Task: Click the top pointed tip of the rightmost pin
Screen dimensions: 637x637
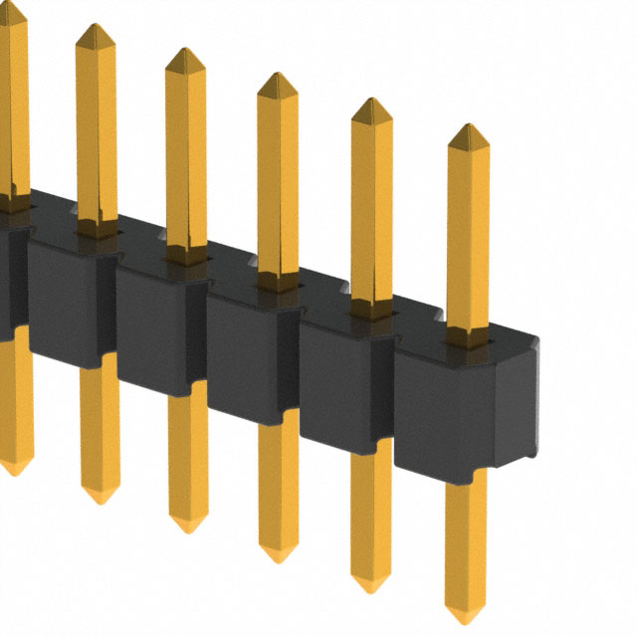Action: (x=468, y=127)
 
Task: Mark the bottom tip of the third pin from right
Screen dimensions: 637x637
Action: (x=278, y=558)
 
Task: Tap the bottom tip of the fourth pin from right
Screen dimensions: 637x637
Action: (x=187, y=529)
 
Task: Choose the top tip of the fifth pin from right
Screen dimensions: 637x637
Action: (x=97, y=27)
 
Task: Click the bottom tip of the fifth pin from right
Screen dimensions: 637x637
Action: (x=100, y=499)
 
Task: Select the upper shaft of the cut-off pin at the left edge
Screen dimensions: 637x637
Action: (x=12, y=100)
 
